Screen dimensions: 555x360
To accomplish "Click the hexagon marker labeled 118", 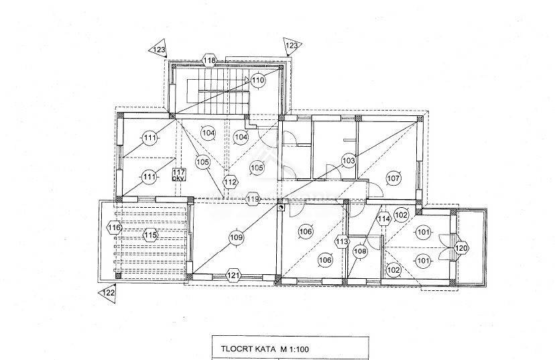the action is pos(210,60).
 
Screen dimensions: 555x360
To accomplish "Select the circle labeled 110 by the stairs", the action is pos(257,80).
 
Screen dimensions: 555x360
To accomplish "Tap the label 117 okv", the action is pos(179,175).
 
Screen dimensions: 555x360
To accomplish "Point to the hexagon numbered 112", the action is pos(231,182).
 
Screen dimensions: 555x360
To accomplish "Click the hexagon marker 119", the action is pos(253,199).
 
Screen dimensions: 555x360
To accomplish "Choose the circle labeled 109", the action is pos(236,237).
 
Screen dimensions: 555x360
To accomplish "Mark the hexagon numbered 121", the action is pos(233,275).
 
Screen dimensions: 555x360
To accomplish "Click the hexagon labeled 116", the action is pos(115,227).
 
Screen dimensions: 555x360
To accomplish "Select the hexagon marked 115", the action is pos(150,235).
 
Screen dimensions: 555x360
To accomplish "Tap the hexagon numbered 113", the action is pos(343,242).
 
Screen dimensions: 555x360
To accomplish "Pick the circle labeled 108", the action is pos(361,251).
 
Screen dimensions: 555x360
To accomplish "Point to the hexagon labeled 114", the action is pos(383,219).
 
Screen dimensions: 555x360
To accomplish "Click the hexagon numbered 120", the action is pos(461,248).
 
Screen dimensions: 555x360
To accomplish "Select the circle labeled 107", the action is pos(393,178).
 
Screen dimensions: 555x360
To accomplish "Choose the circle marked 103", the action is pos(349,161).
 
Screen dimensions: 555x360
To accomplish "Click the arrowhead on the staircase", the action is pos(247,80).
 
